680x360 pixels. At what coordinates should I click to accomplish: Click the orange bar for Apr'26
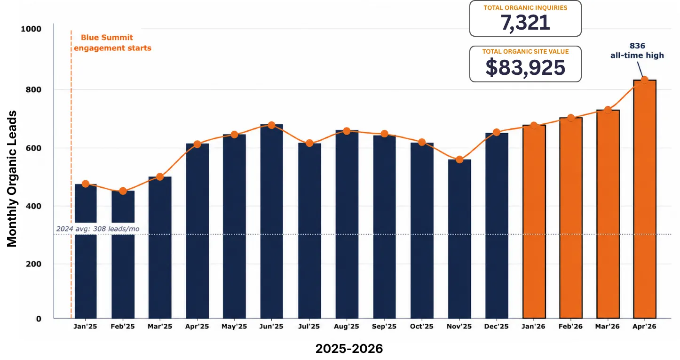pos(644,199)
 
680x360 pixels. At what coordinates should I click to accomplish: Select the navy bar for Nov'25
pos(459,239)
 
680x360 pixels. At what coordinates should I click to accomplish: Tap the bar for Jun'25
pos(271,221)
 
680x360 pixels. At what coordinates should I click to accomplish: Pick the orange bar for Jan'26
pos(534,222)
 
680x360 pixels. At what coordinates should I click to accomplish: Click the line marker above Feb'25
pos(123,191)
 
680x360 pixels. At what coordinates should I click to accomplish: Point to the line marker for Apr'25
pos(197,144)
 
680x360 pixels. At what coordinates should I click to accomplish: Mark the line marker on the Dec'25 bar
pos(496,132)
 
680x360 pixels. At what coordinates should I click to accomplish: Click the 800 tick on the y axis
pos(33,89)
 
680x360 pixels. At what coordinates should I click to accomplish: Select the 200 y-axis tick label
pos(33,264)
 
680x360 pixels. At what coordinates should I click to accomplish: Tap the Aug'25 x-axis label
pos(347,327)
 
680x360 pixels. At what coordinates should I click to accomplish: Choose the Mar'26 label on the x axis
pos(608,327)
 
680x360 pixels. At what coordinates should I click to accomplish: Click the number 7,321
pos(525,23)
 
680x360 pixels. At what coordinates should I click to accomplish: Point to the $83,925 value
pos(525,67)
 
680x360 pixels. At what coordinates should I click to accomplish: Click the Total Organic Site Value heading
pos(525,51)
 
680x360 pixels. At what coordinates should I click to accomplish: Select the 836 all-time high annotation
pos(637,51)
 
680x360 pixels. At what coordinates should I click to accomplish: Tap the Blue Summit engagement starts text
pos(112,43)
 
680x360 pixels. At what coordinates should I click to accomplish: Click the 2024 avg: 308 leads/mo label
pos(98,229)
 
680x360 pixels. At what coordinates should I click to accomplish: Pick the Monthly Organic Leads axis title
pos(12,179)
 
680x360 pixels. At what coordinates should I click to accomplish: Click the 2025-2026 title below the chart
pos(349,348)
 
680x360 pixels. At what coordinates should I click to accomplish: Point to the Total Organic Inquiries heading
pos(525,8)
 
